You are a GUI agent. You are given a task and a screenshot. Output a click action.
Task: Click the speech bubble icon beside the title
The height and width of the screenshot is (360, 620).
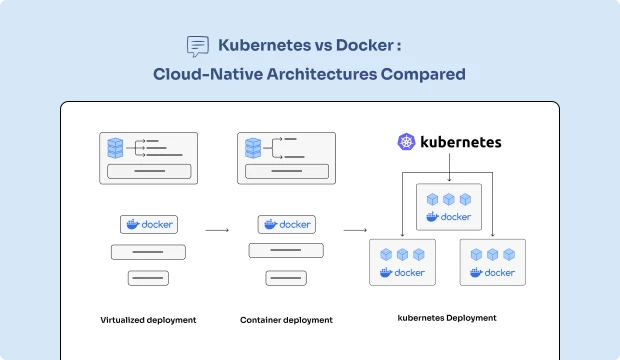tap(198, 46)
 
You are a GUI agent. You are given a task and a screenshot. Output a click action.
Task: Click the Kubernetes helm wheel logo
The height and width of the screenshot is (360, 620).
tap(406, 143)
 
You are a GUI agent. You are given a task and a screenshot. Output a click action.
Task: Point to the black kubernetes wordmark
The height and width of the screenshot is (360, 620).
tap(460, 143)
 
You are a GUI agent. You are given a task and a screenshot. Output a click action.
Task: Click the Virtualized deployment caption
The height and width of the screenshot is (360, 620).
tap(148, 320)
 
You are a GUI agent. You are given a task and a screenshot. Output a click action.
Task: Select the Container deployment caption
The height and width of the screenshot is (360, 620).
tap(286, 320)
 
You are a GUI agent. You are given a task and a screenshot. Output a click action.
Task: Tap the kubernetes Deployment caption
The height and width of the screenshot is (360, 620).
tap(448, 318)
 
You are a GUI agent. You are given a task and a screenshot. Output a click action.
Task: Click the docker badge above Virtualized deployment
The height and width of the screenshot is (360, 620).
tap(149, 225)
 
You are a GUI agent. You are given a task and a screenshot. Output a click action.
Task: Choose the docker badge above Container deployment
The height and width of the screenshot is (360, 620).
tap(286, 225)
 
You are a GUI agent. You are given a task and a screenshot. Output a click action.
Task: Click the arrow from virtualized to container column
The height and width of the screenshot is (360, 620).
tap(217, 230)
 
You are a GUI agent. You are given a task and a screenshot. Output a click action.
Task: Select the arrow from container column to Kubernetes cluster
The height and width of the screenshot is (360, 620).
tap(355, 230)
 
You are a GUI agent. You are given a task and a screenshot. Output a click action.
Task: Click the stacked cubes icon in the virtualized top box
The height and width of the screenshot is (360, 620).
tap(118, 148)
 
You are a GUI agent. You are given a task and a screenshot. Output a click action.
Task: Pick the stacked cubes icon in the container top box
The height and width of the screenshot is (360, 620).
tap(254, 148)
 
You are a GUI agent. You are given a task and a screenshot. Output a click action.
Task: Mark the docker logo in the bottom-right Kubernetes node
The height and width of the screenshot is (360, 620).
tap(492, 272)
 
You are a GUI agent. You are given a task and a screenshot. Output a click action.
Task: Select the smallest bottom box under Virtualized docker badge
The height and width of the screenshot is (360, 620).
tap(148, 278)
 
